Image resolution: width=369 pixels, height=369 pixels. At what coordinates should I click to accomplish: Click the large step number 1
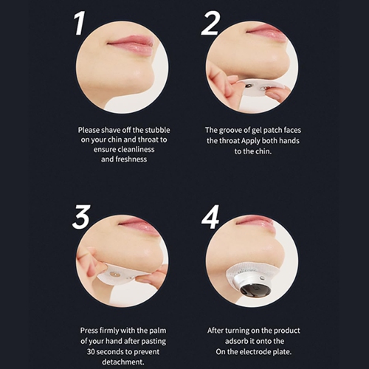80,24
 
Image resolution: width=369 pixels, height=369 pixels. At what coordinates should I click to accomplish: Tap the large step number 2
210,24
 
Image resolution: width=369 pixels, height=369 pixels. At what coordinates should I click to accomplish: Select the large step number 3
80,217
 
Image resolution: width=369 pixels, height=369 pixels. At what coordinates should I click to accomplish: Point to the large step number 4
210,218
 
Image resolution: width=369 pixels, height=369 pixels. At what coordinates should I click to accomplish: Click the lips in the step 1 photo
131,45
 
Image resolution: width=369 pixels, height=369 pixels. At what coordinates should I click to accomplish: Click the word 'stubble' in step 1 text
157,130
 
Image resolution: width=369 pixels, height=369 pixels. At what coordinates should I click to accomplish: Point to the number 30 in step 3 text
91,352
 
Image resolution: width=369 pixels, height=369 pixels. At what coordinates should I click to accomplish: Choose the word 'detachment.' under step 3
123,362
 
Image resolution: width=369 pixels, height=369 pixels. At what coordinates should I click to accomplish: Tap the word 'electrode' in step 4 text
253,352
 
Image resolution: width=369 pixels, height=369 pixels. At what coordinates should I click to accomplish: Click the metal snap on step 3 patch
114,274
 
